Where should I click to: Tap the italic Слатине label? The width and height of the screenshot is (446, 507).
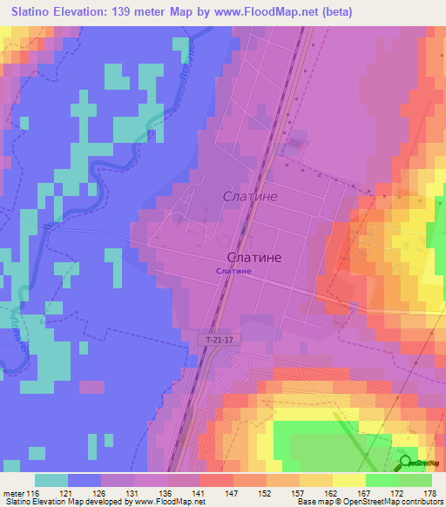250,197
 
